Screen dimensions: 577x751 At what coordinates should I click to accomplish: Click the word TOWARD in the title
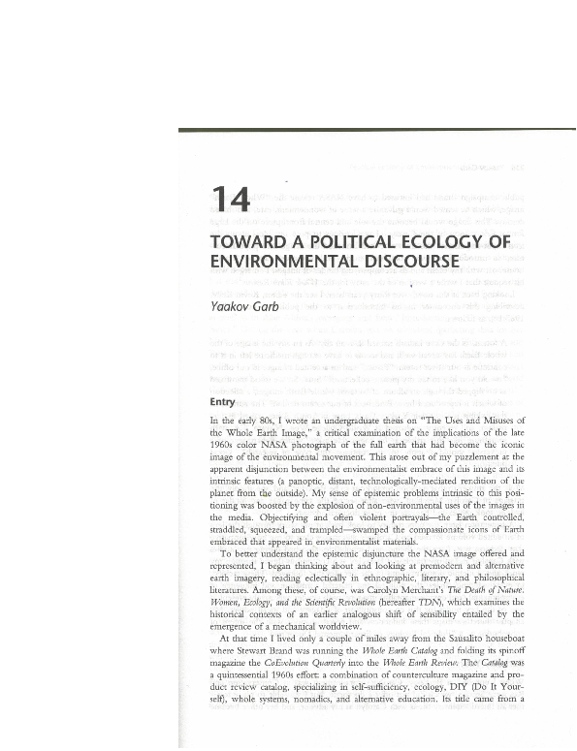click(x=250, y=243)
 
